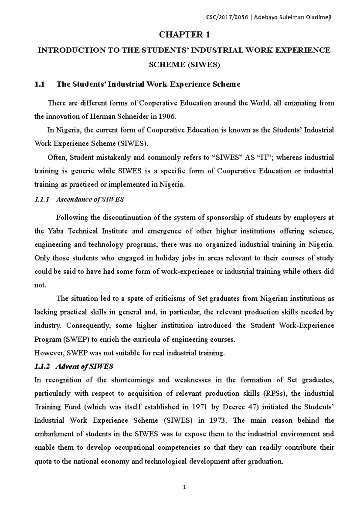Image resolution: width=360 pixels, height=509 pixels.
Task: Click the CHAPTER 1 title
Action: coord(184,35)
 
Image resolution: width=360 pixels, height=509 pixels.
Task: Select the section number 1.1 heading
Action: coord(40,84)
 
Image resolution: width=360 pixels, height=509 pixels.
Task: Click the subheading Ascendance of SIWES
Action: coord(90,200)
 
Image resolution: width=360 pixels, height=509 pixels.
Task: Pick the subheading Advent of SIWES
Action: coord(84,366)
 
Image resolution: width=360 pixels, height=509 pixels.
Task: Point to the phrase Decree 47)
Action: coord(241,407)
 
